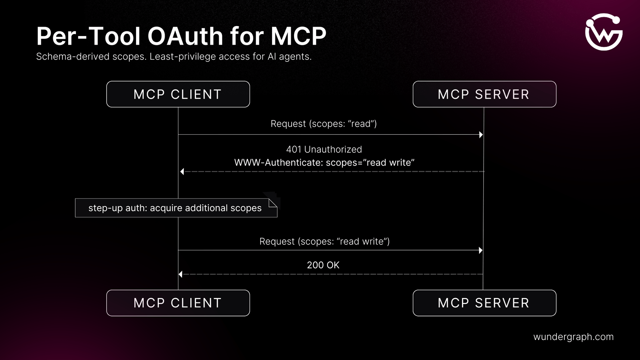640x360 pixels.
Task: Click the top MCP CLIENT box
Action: [178, 94]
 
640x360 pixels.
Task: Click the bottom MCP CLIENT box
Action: [178, 303]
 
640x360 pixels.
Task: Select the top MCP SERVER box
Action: [484, 94]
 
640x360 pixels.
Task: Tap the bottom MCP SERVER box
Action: [484, 303]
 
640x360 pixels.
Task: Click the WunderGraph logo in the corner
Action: [604, 32]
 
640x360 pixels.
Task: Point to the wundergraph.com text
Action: [573, 337]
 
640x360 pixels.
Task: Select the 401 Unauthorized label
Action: [324, 149]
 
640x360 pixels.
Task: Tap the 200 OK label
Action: [323, 265]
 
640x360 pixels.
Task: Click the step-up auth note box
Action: [175, 208]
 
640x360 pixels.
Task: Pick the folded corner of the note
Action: [273, 203]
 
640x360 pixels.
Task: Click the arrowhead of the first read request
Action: [481, 135]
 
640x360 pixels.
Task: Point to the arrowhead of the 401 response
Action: [182, 172]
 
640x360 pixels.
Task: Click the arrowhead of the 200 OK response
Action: [181, 274]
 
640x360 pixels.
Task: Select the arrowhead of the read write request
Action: [480, 250]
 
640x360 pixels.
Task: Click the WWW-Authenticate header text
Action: [324, 163]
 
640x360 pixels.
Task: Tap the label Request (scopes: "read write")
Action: [324, 241]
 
